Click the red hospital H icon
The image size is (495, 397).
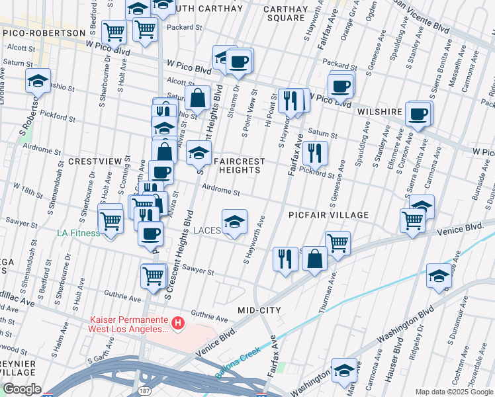177,324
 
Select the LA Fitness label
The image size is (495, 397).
79,233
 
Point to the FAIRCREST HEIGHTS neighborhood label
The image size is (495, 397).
239,165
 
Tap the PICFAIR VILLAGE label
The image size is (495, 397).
328,215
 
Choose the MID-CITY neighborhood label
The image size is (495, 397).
259,310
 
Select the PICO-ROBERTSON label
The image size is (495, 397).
44,32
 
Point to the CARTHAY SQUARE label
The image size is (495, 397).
285,13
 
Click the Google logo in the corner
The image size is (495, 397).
22,389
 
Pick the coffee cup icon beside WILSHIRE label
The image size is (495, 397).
418,114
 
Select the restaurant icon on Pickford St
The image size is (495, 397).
315,152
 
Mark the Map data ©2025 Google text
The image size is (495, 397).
453,392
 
